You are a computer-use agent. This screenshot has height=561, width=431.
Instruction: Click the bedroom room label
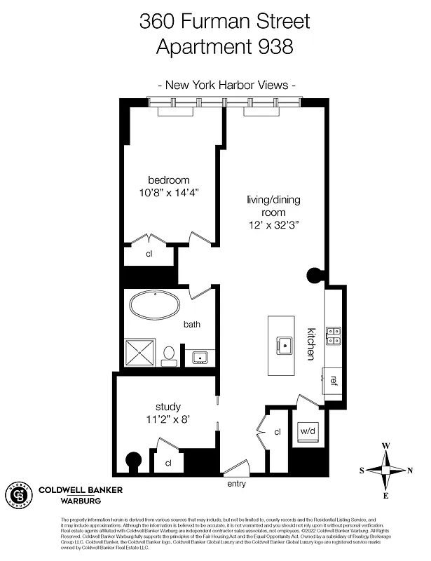tap(168, 180)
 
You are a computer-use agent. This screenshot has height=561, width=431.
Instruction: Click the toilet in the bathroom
tap(169, 355)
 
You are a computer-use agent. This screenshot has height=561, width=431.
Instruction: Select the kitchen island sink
tap(285, 344)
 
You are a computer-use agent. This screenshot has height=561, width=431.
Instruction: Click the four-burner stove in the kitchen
tap(334, 336)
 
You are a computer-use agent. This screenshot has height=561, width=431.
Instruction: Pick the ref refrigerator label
tap(334, 381)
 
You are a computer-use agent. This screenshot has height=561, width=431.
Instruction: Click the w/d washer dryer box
tap(308, 431)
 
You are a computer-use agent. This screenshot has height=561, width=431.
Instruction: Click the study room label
tap(168, 407)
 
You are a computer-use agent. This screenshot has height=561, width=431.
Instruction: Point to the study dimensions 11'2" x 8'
tap(167, 421)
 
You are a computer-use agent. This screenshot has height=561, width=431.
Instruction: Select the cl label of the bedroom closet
tap(149, 255)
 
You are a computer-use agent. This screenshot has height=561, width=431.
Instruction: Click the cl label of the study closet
tap(168, 464)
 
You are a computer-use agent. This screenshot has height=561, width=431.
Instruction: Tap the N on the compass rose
tap(410, 471)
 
